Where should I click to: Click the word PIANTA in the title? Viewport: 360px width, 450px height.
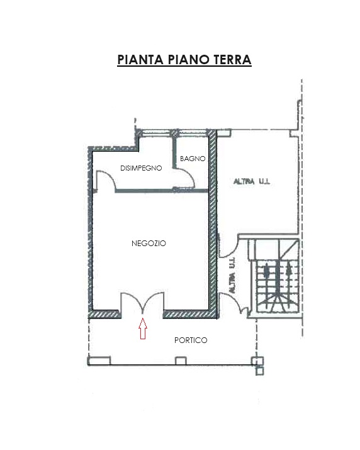pos(140,60)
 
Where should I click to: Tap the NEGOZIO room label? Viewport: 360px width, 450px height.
pos(149,244)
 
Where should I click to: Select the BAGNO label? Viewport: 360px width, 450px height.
pos(193,159)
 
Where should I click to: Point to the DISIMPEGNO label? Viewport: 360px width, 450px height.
pos(141,168)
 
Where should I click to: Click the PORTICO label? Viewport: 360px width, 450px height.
pos(191,340)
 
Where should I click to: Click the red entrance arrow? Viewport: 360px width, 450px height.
pos(143,329)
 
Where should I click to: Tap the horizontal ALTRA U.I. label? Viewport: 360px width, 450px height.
pos(252,181)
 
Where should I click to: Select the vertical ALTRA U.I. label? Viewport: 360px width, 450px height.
pos(232,275)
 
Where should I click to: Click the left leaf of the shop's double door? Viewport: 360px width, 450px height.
pos(131,298)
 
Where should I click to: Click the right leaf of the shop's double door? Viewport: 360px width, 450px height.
pos(155,298)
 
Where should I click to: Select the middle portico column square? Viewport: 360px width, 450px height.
pos(181,361)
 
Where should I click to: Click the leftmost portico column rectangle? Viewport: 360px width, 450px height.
pos(99,361)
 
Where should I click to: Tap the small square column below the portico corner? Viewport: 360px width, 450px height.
pos(259,371)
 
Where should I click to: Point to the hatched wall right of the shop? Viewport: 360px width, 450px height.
pos(212,224)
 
